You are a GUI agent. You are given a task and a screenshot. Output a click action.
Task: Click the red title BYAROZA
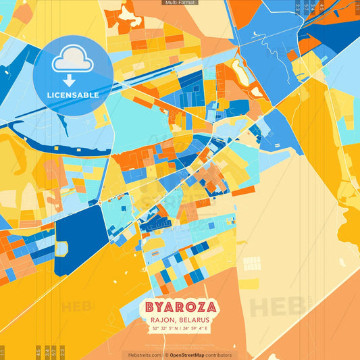[x=179, y=307]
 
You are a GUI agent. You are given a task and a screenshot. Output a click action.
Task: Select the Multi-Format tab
[x=180, y=3]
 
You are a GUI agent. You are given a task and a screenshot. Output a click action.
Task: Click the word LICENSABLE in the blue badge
[x=73, y=95]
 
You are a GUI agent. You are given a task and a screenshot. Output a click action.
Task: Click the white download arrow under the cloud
[x=68, y=80]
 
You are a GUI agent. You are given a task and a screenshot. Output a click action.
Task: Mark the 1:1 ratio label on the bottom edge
[x=3, y=353]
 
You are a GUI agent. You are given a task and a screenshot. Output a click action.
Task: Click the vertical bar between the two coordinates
[x=180, y=329]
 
